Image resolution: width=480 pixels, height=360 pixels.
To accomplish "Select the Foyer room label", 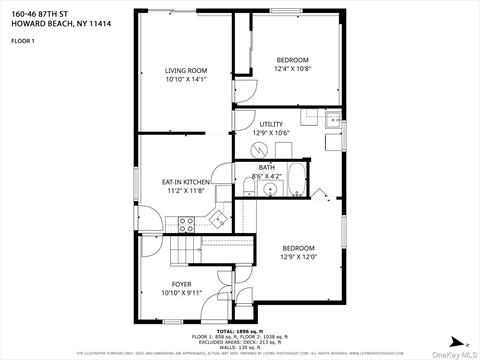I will point(181,284).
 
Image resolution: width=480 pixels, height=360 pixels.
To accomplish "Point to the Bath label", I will point(266,167).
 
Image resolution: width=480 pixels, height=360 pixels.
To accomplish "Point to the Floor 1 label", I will point(22,41).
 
